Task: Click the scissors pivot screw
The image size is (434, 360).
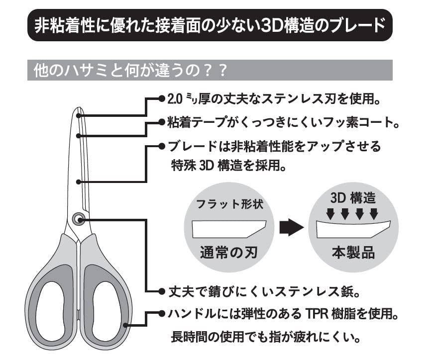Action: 78,219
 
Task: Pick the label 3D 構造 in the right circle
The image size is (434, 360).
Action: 353,197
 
